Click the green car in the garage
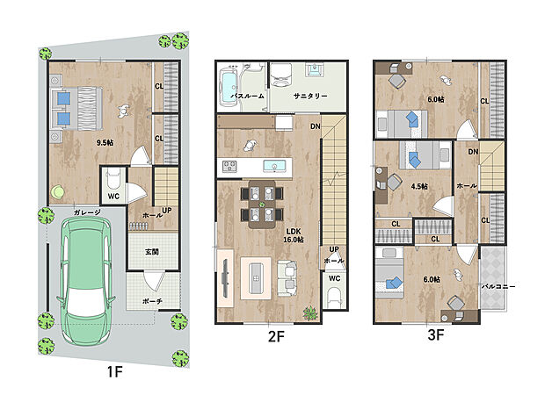pos(86,282)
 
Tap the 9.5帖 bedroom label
pos(105,142)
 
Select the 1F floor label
pos(114,372)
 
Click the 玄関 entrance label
pos(152,252)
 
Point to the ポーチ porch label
pos(152,301)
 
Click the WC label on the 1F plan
pos(113,196)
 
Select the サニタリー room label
pos(310,96)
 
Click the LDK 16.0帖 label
pos(294,235)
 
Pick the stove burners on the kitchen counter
pos(229,166)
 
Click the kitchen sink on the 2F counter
pos(274,166)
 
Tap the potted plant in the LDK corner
pos(310,313)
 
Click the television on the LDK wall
pos(225,278)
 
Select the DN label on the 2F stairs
pos(316,126)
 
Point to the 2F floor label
pos(276,336)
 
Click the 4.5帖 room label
pos(419,186)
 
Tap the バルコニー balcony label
pos(498,286)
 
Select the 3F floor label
pos(436,335)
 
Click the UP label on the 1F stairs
pos(167,211)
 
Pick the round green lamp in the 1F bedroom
pos(57,191)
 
